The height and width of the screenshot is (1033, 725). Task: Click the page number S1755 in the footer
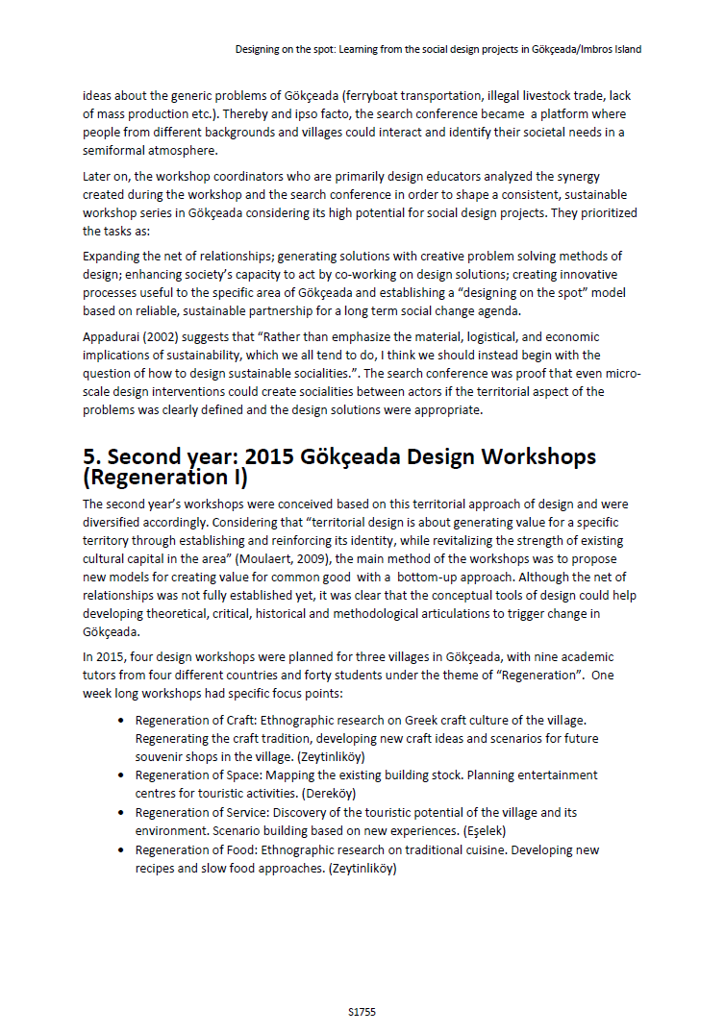pyautogui.click(x=362, y=1012)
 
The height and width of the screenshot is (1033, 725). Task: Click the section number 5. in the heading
pyautogui.click(x=93, y=456)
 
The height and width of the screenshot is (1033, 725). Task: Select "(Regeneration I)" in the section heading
pyautogui.click(x=165, y=477)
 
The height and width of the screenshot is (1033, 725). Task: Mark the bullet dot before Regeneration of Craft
pyautogui.click(x=120, y=720)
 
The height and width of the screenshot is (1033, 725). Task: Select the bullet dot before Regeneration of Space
pyautogui.click(x=120, y=775)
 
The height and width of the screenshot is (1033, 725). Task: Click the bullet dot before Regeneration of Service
pyautogui.click(x=120, y=813)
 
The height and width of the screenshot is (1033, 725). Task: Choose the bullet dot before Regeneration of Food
pyautogui.click(x=120, y=850)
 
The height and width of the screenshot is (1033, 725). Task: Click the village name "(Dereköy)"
pyautogui.click(x=329, y=793)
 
